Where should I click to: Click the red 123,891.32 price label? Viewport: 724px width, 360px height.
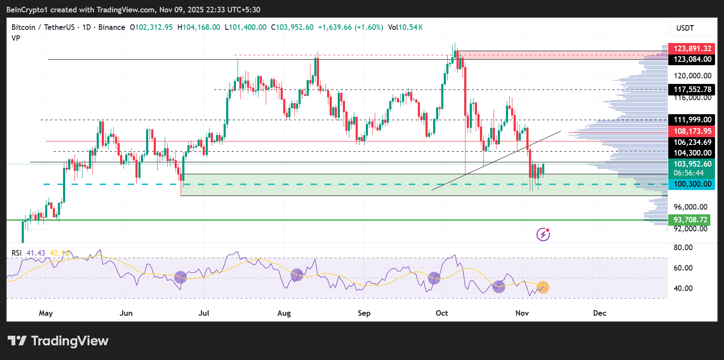click(x=692, y=49)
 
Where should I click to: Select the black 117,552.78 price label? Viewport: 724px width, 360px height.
click(x=692, y=89)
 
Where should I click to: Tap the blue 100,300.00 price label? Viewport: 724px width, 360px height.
click(x=692, y=184)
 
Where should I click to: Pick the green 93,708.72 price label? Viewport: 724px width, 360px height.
click(x=690, y=220)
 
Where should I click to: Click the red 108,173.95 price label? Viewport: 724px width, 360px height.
click(x=692, y=131)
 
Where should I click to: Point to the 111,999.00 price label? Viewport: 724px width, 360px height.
click(x=692, y=120)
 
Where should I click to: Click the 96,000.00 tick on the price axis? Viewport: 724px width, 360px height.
click(x=690, y=207)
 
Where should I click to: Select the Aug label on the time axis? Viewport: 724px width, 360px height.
click(x=284, y=313)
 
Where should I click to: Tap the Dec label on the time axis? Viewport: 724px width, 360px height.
click(x=600, y=313)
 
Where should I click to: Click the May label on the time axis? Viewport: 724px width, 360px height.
click(x=46, y=313)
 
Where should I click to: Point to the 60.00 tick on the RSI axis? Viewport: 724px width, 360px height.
click(x=683, y=268)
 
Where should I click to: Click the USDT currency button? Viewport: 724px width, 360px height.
click(x=685, y=28)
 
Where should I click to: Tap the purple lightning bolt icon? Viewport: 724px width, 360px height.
click(x=543, y=234)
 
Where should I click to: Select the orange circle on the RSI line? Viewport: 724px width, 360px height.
click(x=543, y=288)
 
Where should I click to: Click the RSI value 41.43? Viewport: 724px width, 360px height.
click(x=36, y=253)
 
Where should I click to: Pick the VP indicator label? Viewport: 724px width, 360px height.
click(x=16, y=38)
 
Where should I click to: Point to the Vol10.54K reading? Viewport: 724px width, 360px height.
click(x=405, y=27)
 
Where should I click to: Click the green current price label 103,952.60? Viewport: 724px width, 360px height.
click(x=692, y=164)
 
